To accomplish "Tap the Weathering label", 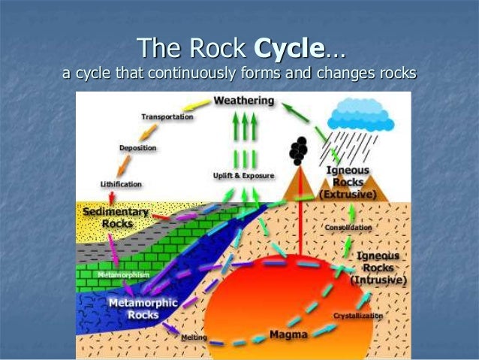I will pyautogui.click(x=244, y=100).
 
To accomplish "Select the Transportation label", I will pyautogui.click(x=167, y=117).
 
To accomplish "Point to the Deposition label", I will pyautogui.click(x=137, y=148).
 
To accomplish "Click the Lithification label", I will pyautogui.click(x=121, y=183).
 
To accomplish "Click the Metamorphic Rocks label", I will pyautogui.click(x=143, y=309).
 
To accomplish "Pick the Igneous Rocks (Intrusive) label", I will pyautogui.click(x=378, y=268).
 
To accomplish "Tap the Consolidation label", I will pyautogui.click(x=348, y=227).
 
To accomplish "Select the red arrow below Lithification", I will pyautogui.click(x=110, y=197).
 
